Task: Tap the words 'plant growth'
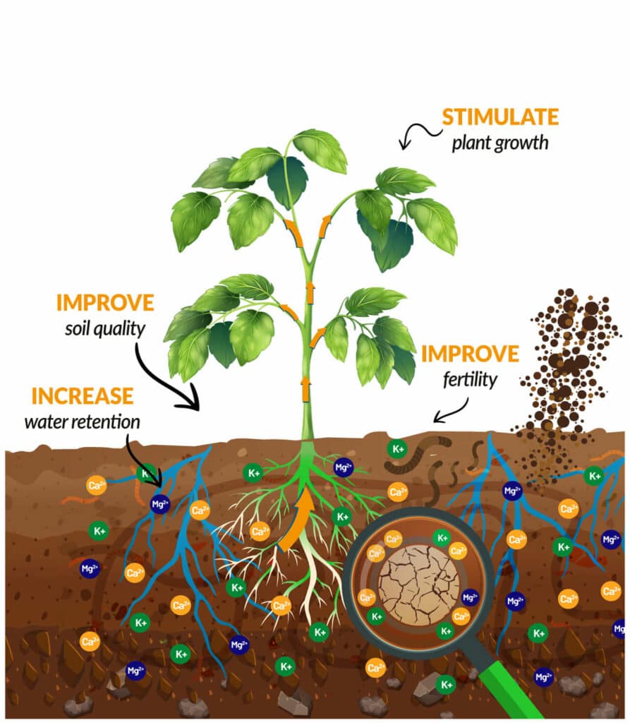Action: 499,143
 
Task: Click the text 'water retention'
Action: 82,422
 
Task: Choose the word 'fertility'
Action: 470,379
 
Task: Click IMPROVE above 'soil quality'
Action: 105,303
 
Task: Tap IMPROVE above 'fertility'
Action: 470,353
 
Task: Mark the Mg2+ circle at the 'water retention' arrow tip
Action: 160,504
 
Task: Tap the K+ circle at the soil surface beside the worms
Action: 398,448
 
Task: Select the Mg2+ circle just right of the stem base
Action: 344,467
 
